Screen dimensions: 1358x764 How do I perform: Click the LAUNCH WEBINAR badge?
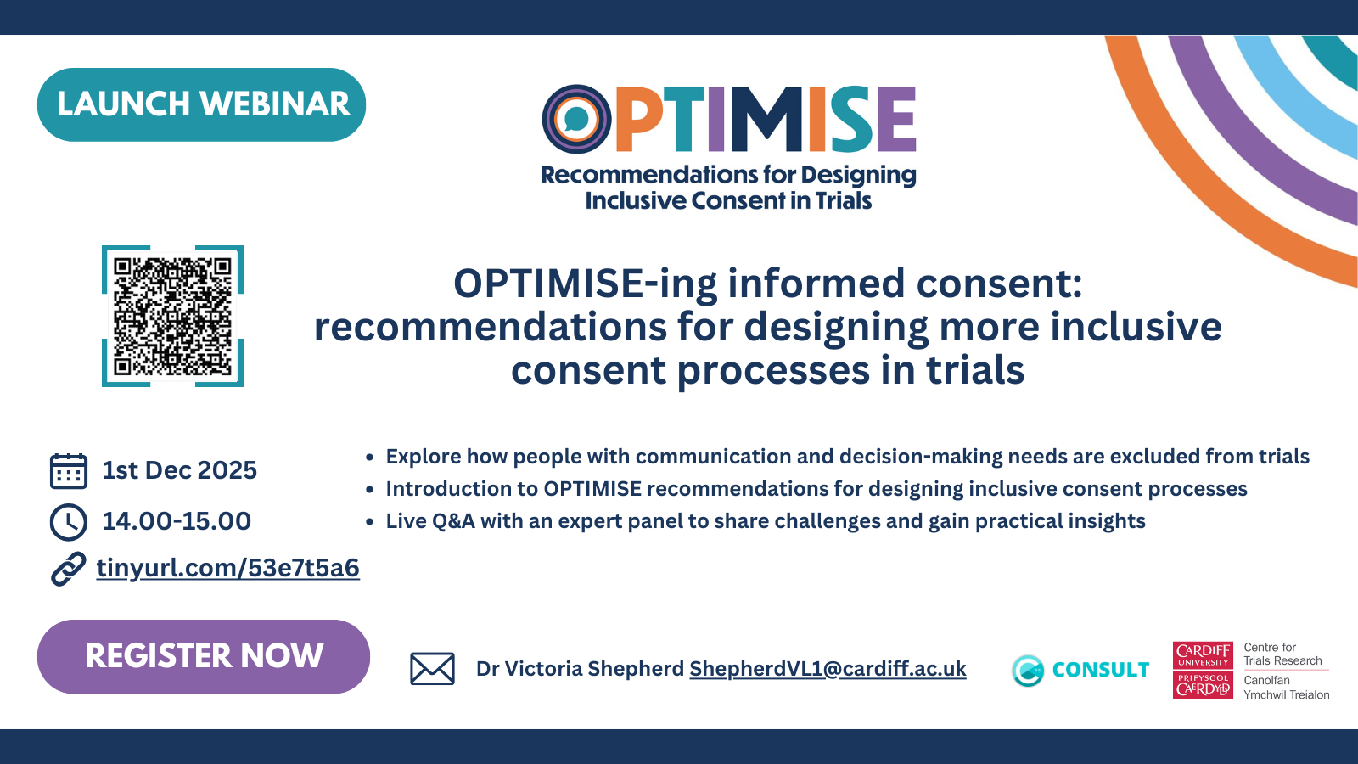click(201, 104)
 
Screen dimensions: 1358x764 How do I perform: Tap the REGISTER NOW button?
click(204, 656)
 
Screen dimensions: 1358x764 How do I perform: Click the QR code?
click(173, 316)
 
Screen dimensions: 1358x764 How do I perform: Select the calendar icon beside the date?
click(69, 470)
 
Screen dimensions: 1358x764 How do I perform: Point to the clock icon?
click(69, 521)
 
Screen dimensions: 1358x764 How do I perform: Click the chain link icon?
click(69, 569)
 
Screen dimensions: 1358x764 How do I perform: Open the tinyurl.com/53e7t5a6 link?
click(228, 569)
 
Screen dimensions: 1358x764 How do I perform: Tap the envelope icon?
click(432, 669)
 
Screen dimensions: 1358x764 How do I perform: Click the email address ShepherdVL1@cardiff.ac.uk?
click(828, 669)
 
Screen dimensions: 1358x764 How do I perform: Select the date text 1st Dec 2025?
click(179, 470)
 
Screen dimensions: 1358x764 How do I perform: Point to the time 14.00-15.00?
click(177, 521)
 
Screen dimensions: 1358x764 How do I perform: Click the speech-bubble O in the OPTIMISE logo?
click(576, 119)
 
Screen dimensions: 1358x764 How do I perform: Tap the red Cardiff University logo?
click(1203, 670)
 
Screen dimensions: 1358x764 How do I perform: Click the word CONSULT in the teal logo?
click(1101, 670)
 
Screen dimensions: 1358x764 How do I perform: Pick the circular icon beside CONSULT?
click(1028, 671)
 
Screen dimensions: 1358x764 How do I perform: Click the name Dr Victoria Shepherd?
click(581, 669)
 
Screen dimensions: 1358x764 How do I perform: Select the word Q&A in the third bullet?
click(453, 521)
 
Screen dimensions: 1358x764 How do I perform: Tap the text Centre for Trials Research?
click(1282, 654)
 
